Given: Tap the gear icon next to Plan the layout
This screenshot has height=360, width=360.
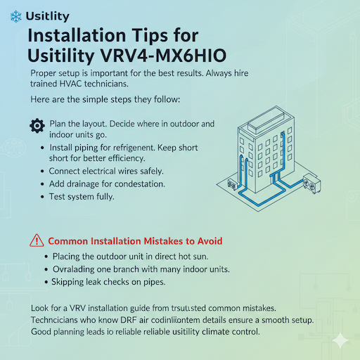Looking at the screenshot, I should pyautogui.click(x=37, y=126).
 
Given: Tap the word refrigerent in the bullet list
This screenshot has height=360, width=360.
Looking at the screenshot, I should pyautogui.click(x=136, y=148).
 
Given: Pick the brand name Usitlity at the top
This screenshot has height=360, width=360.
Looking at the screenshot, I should pyautogui.click(x=46, y=15).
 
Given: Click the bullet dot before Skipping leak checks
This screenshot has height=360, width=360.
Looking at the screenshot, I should pyautogui.click(x=46, y=282).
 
